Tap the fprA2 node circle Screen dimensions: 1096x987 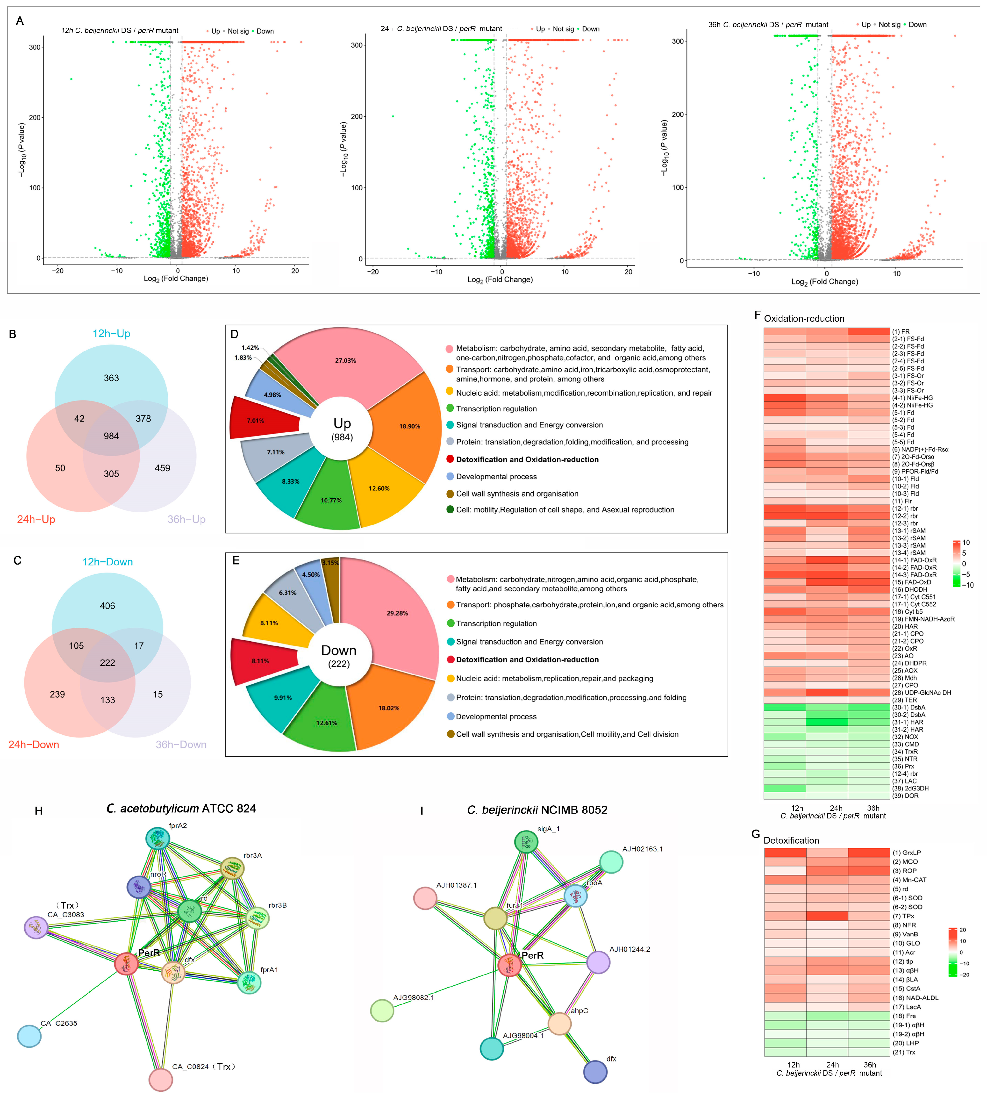pyautogui.click(x=158, y=839)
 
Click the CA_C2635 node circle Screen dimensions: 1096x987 pyautogui.click(x=29, y=1036)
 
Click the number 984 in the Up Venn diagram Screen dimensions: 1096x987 pyautogui.click(x=111, y=436)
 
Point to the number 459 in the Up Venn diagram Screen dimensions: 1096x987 pyautogui.click(x=162, y=468)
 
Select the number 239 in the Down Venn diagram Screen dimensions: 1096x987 pyautogui.click(x=57, y=694)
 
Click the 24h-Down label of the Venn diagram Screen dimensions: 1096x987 pyautogui.click(x=34, y=745)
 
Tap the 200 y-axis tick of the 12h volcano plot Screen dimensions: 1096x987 pyautogui.click(x=35, y=118)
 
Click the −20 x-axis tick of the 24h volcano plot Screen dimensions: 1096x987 pyautogui.click(x=373, y=272)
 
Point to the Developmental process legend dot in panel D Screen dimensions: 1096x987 pyautogui.click(x=450, y=476)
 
